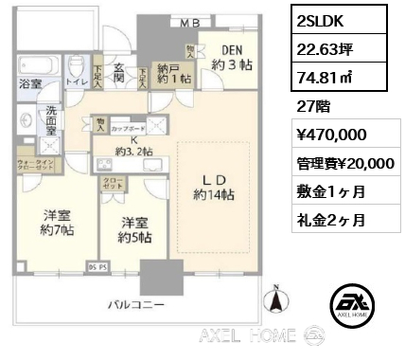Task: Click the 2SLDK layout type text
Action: (322, 18)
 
